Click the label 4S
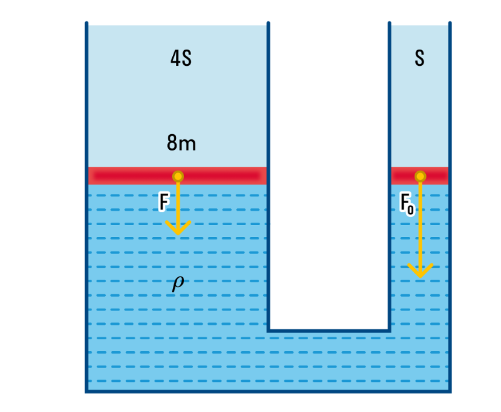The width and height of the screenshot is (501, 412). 180,59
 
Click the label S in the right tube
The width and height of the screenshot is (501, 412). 420,58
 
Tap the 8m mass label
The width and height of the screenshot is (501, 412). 181,144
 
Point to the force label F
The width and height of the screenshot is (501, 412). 164,202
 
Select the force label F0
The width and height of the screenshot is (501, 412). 407,203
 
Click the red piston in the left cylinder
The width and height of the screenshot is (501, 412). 125,176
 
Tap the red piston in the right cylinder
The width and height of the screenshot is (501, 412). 435,176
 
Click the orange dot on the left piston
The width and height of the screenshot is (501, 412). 178,176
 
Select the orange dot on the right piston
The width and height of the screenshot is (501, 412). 420,176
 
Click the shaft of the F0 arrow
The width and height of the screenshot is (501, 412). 420,226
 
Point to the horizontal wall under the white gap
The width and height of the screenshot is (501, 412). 329,330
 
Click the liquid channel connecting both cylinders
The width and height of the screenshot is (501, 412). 329,361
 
